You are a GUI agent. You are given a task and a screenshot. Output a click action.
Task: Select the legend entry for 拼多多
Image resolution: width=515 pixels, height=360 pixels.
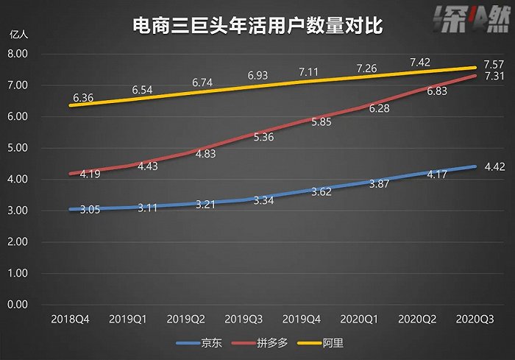pyautogui.click(x=268, y=342)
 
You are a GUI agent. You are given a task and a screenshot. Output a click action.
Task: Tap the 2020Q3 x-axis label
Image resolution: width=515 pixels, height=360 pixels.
pyautogui.click(x=475, y=321)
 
